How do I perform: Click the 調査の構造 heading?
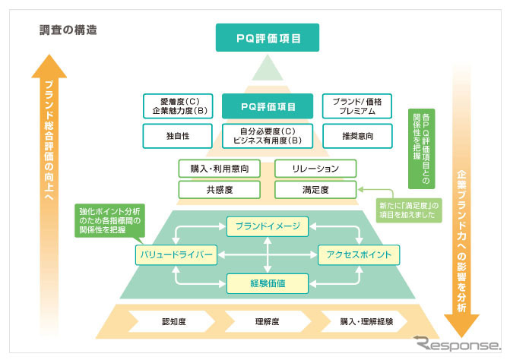click(68, 32)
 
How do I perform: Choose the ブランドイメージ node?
click(267, 226)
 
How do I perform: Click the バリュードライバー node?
click(176, 254)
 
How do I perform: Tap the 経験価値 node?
click(267, 283)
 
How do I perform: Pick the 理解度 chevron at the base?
click(267, 322)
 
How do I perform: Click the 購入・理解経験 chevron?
click(366, 322)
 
